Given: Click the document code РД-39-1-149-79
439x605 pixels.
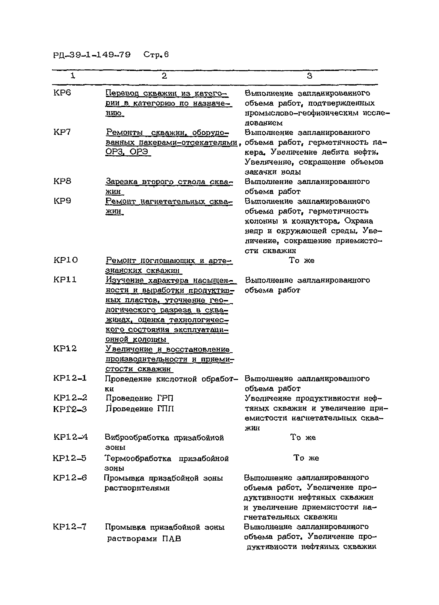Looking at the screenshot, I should pos(92,55).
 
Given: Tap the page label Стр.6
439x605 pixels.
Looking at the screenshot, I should pos(156,55).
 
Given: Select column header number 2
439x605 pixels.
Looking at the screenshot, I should pos(164,76).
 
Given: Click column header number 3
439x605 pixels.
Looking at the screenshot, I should pos(309,76).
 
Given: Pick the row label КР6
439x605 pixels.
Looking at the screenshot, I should pos(62,93).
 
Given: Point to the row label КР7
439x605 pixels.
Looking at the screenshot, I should pos(62,132).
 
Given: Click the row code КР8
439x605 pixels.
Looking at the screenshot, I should pos(62,181).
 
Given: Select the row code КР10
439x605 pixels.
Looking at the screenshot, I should pos(65,260).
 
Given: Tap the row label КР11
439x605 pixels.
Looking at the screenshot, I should pos(65,280).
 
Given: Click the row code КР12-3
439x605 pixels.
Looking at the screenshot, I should pos(70,409).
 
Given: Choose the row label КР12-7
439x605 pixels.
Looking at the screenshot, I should pos(70,527).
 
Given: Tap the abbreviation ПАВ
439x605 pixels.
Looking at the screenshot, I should pos(171,539).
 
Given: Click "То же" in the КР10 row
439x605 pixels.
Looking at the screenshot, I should pos(301,260).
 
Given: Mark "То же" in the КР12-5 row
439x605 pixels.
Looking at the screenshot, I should pos(306,458).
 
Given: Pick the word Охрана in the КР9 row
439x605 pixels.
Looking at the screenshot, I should pos(359,221).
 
